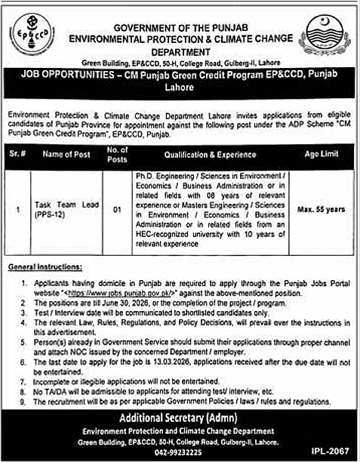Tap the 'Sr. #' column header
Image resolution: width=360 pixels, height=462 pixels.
pos(19,155)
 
